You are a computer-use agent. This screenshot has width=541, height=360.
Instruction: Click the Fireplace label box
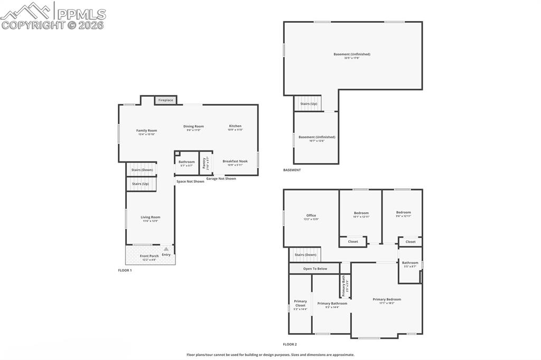click(x=165, y=100)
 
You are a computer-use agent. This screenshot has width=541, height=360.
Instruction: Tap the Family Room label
click(x=146, y=130)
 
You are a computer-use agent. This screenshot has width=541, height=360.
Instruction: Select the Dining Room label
click(x=193, y=126)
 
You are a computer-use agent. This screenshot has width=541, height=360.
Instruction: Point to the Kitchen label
click(x=235, y=126)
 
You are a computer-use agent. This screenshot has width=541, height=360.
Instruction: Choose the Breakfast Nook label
click(x=235, y=161)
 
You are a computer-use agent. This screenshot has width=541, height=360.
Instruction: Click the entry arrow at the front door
click(x=166, y=249)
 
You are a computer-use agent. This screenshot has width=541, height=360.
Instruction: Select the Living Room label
click(x=150, y=217)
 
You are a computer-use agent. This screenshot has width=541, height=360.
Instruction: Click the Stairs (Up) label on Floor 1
click(x=141, y=184)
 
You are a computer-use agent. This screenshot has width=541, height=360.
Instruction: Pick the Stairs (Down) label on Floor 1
click(x=142, y=170)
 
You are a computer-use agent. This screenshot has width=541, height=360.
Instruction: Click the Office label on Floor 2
click(x=311, y=215)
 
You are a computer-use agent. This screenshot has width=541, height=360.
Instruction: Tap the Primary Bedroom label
click(x=387, y=299)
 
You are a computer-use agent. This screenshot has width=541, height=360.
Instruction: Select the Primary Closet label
click(x=300, y=303)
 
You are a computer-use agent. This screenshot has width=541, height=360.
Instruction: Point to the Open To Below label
click(x=315, y=269)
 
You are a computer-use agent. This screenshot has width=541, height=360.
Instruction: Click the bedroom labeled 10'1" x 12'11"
click(x=361, y=213)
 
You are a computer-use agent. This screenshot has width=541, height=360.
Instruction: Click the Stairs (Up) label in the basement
click(x=309, y=104)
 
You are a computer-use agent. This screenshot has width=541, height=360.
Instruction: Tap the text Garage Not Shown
click(x=221, y=178)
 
